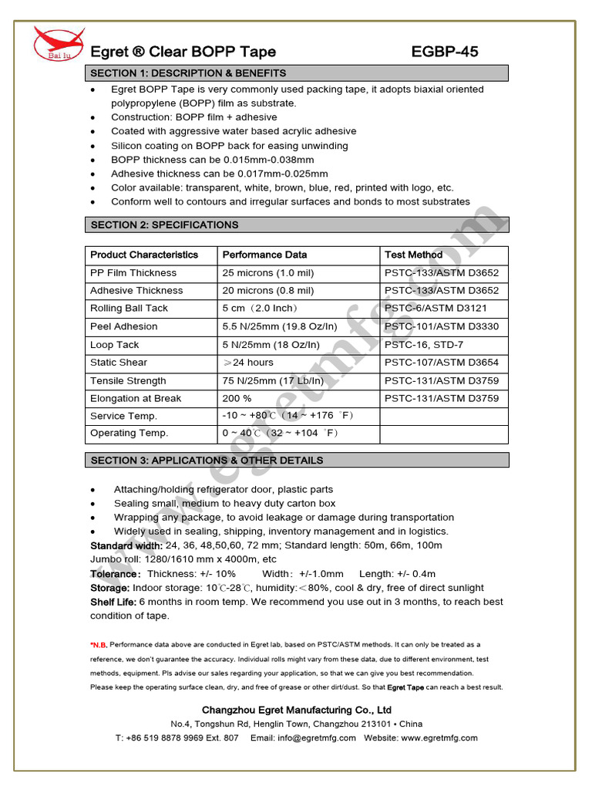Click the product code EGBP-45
click(x=445, y=52)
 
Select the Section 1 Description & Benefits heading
click(x=188, y=73)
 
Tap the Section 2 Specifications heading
click(x=164, y=225)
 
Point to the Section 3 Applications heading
click(x=207, y=461)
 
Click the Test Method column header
click(x=413, y=255)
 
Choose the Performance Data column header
click(x=264, y=255)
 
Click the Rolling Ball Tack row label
click(x=129, y=309)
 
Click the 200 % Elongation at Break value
click(x=237, y=399)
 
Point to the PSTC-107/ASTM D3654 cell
click(x=441, y=363)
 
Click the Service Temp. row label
click(x=123, y=417)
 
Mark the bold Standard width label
click(x=126, y=545)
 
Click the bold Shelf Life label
click(x=113, y=602)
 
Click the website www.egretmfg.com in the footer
click(x=439, y=738)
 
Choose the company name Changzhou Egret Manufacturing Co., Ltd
click(x=296, y=710)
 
